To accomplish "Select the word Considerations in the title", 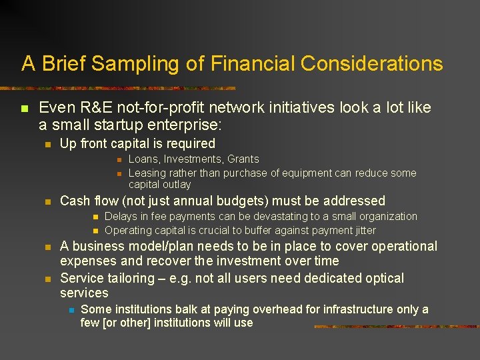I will pyautogui.click(x=372, y=64).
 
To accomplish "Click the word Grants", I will pyautogui.click(x=243, y=159).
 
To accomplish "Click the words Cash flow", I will pyautogui.click(x=89, y=201).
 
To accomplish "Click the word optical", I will pyautogui.click(x=380, y=278).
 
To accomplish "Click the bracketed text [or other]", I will pyautogui.click(x=127, y=323).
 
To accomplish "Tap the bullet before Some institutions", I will pyautogui.click(x=69, y=310).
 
